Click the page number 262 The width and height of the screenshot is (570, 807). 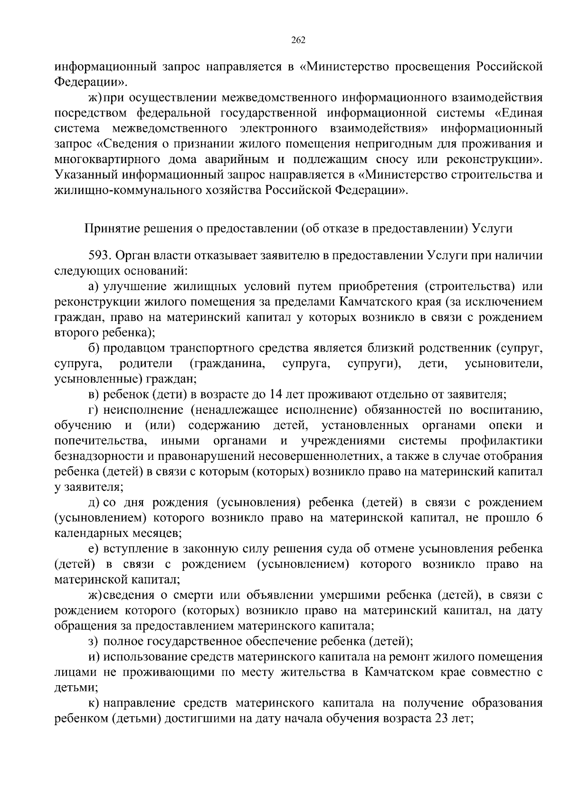(x=298, y=40)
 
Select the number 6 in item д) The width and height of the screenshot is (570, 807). (x=539, y=518)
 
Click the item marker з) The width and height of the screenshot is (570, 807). (x=94, y=641)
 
